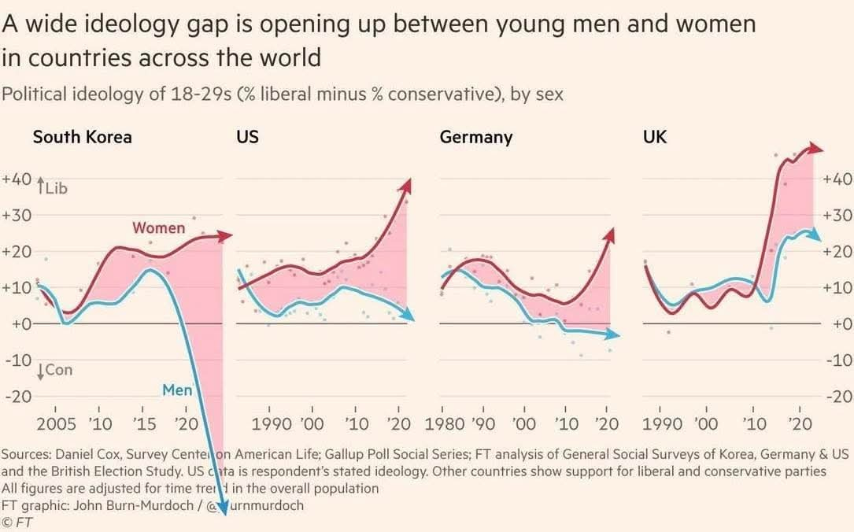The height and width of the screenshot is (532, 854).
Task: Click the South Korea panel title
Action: [x=82, y=137]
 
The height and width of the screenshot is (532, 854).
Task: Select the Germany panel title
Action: [x=475, y=137]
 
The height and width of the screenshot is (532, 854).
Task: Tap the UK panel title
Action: [x=654, y=137]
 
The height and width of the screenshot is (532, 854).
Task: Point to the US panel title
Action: [x=247, y=137]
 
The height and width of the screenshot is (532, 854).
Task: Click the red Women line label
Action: [x=158, y=228]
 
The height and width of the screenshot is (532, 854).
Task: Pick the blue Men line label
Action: [x=177, y=390]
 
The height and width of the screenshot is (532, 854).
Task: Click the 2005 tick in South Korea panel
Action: [x=57, y=425]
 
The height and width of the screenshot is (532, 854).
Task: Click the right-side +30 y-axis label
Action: [x=837, y=215]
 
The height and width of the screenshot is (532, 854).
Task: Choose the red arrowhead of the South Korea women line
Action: [x=227, y=235]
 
